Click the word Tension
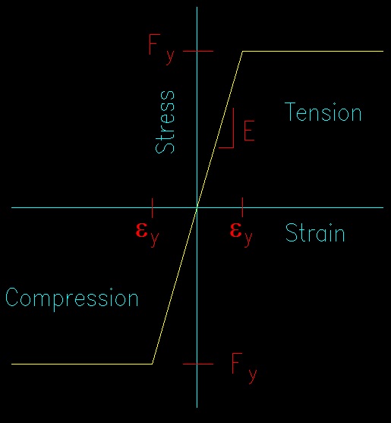tap(323, 112)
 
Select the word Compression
tap(71, 299)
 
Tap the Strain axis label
tap(315, 232)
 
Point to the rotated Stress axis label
tap(165, 122)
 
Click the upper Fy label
tap(162, 49)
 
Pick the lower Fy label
tap(244, 368)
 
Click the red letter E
tap(249, 131)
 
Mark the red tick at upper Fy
tap(198, 51)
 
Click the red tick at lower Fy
tap(198, 364)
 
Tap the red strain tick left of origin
tap(153, 208)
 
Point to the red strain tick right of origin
tap(242, 207)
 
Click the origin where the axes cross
tap(197, 208)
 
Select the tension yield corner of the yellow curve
tap(242, 51)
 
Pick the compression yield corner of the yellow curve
tap(153, 364)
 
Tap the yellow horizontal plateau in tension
tap(313, 51)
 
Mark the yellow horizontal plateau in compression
tap(82, 364)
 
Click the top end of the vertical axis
tap(197, 7)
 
